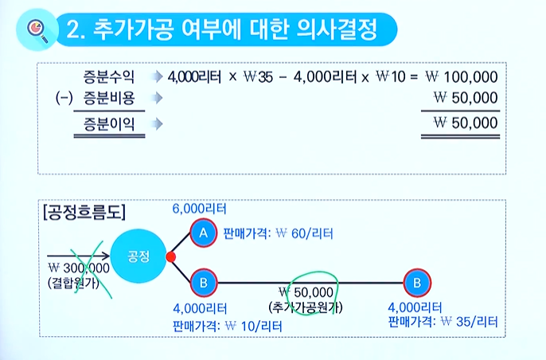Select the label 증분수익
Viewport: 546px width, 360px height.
tap(109, 76)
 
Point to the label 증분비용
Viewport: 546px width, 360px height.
tap(109, 99)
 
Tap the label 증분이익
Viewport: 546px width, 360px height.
tap(109, 123)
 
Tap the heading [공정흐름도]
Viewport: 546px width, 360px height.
tap(84, 212)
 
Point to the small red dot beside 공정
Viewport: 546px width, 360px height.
tap(170, 256)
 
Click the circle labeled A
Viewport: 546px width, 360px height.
tap(203, 233)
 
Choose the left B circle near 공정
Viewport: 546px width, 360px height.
tap(203, 281)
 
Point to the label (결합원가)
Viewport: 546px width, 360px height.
tap(76, 281)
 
